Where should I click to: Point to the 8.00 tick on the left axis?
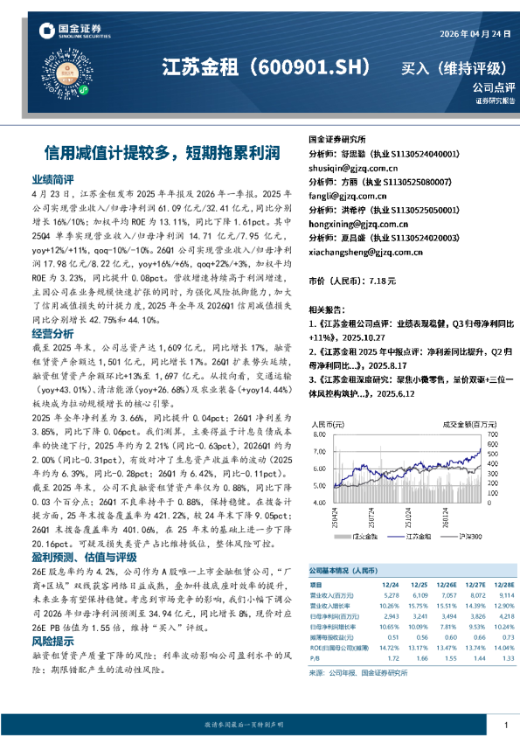322,433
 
